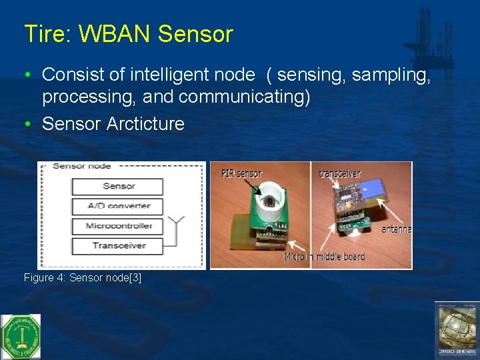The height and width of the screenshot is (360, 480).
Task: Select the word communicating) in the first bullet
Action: [244, 97]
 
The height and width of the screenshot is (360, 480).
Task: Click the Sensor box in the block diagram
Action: [118, 186]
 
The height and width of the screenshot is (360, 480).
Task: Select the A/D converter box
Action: [118, 206]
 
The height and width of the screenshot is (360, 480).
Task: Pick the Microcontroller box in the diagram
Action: [118, 226]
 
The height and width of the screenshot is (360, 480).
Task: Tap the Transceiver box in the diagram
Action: [118, 245]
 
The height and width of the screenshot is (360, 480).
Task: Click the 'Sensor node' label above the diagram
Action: [81, 166]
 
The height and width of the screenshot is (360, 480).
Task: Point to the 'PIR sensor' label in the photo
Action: [241, 175]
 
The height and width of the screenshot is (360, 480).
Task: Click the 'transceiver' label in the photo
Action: [340, 173]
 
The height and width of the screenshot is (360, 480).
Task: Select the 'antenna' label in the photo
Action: [396, 229]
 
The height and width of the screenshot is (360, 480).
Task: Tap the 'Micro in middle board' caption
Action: [324, 257]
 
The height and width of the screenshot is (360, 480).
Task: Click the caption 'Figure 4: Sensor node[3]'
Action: [82, 277]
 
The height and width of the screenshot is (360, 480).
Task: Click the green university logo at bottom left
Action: [21, 336]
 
